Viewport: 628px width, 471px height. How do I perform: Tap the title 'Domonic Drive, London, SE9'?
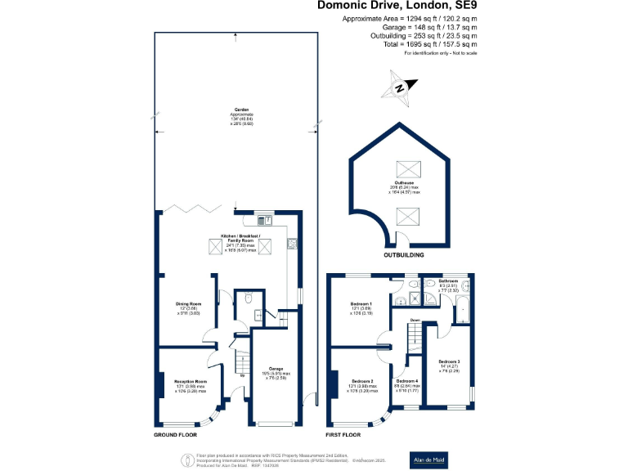click(387, 7)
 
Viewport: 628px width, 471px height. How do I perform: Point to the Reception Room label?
click(190, 381)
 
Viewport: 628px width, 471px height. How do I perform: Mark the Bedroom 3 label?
click(449, 361)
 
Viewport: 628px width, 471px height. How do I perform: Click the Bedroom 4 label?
click(406, 381)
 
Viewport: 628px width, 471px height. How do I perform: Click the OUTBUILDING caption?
click(404, 255)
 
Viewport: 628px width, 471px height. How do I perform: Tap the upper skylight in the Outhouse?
click(406, 169)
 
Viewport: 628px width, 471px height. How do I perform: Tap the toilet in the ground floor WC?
click(247, 299)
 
